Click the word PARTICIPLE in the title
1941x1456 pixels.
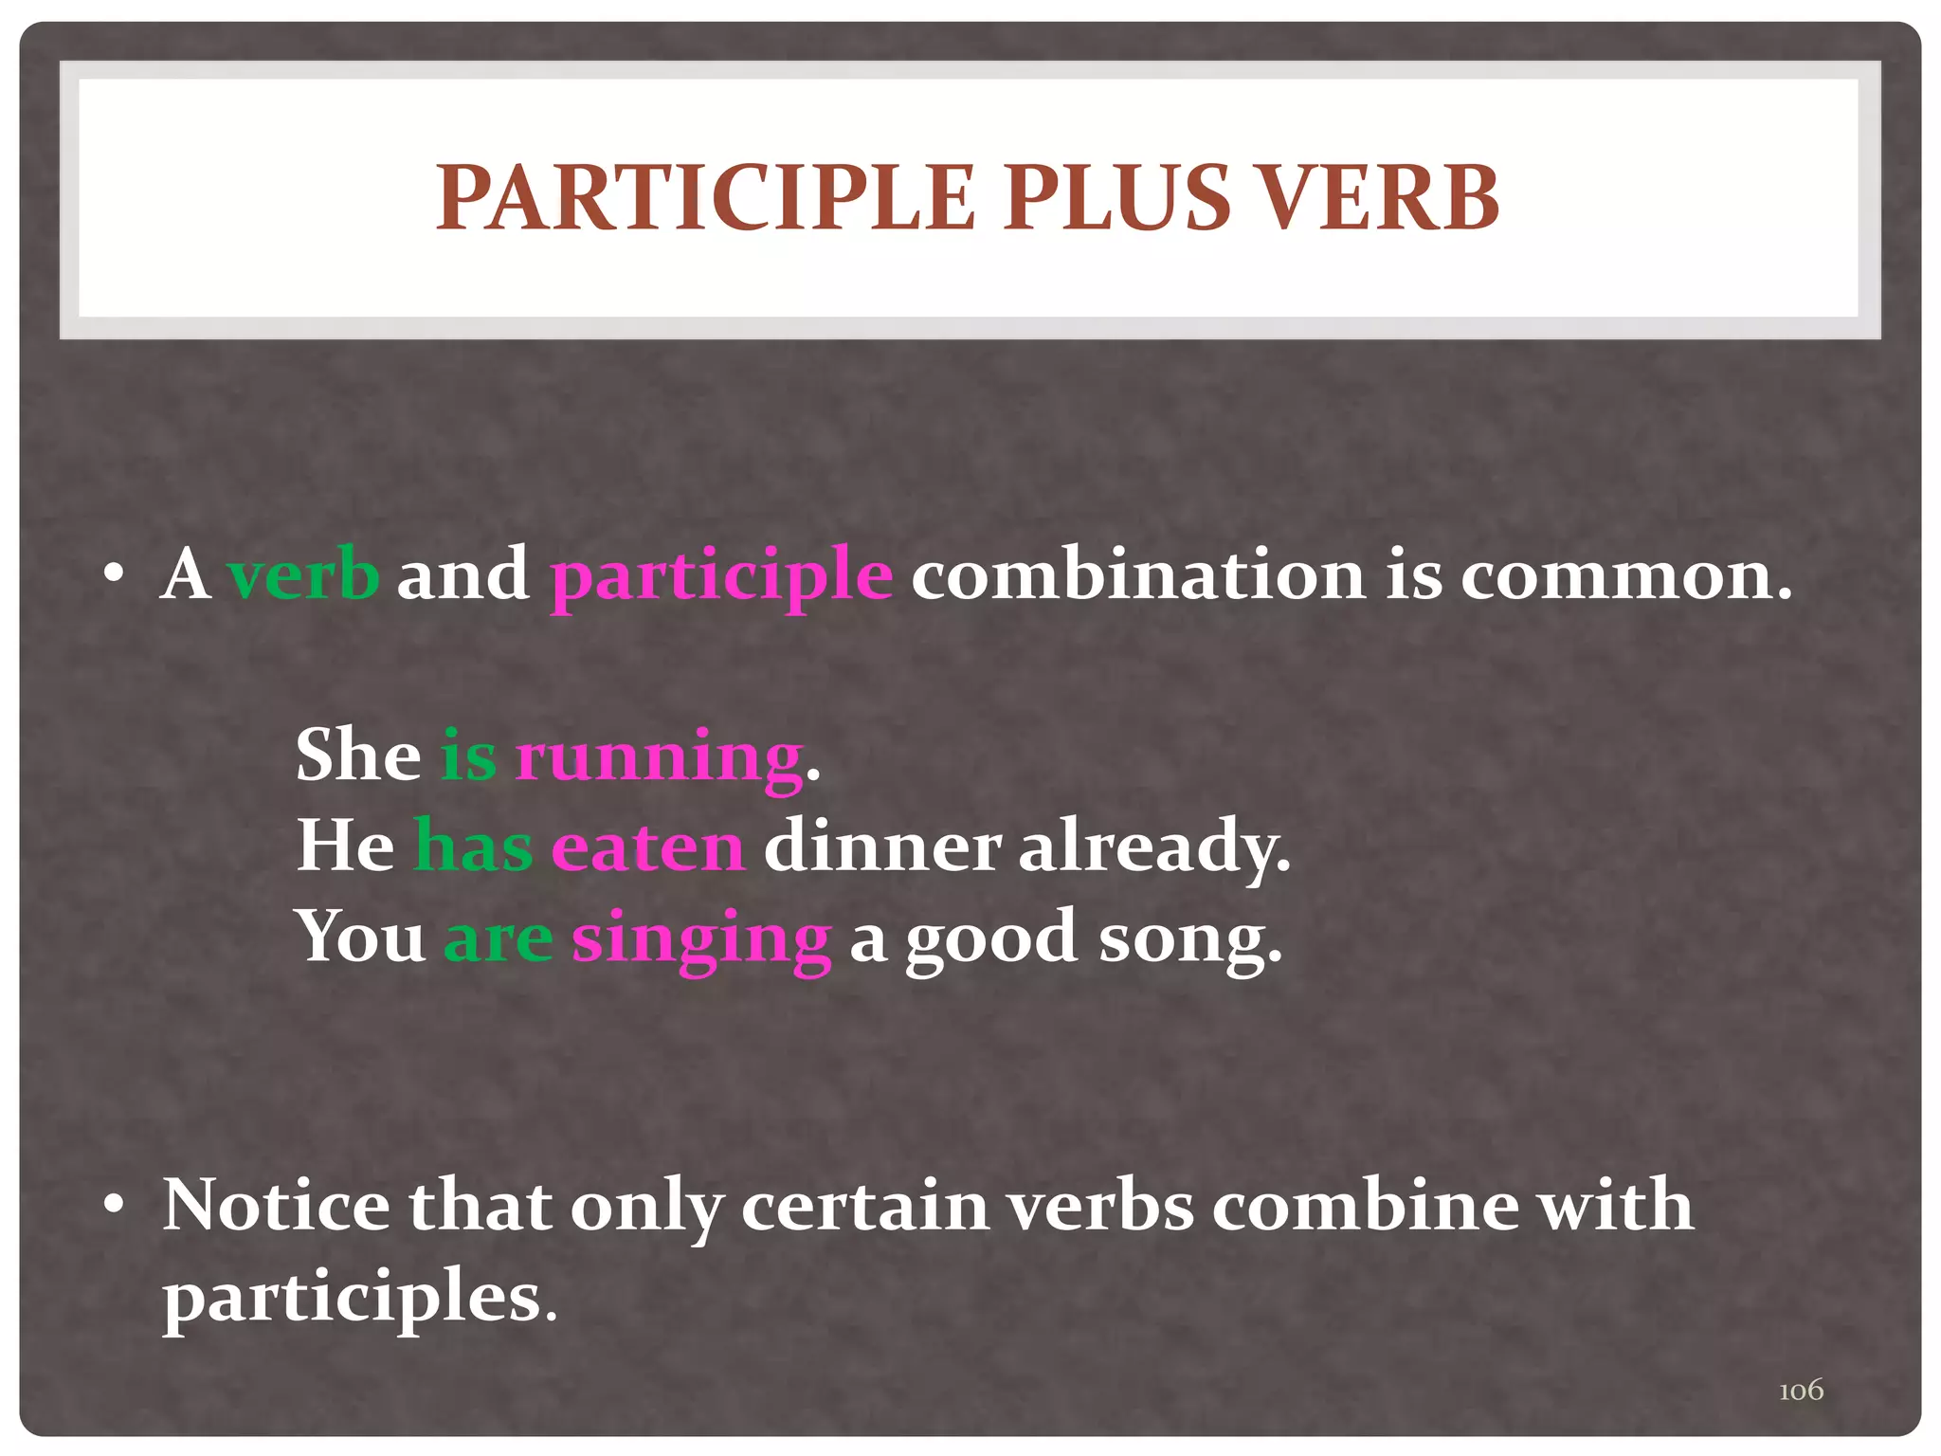tap(705, 198)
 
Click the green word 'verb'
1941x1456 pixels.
tap(303, 574)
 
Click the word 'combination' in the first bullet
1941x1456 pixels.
tap(1137, 574)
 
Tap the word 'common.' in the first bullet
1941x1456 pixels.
tap(1626, 574)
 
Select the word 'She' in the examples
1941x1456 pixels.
tap(358, 755)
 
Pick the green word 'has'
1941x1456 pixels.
tap(473, 846)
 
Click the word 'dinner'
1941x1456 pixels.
tap(882, 846)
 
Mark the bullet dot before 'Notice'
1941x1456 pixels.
tap(115, 1205)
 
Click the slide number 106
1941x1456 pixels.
tap(1801, 1391)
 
